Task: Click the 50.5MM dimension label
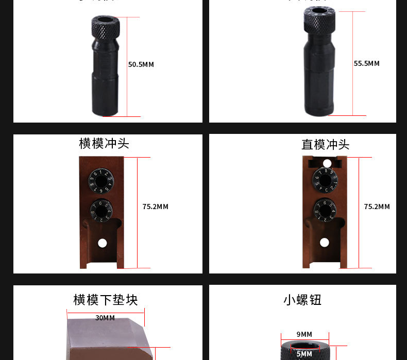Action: click(141, 65)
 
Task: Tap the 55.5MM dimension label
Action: click(366, 64)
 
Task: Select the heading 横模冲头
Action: click(104, 143)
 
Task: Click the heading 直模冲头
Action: click(325, 145)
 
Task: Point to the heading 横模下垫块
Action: click(106, 300)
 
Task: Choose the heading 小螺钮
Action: click(302, 300)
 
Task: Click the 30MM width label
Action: click(105, 318)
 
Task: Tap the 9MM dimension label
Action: click(304, 334)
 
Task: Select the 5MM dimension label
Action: click(304, 354)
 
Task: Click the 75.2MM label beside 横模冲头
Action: click(155, 207)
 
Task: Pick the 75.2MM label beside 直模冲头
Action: click(377, 207)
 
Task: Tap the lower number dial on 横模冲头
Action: click(101, 210)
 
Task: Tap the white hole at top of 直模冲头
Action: click(327, 164)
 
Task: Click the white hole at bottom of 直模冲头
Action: click(324, 243)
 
